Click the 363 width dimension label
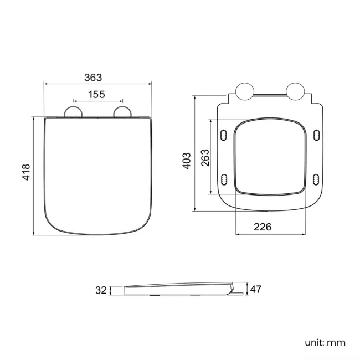(x=97, y=77)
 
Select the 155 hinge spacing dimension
(x=96, y=94)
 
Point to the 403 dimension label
(x=187, y=160)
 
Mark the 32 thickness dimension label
(x=101, y=289)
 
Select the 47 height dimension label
(x=256, y=289)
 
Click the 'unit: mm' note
(x=325, y=342)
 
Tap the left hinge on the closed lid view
(x=74, y=112)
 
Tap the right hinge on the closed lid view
(x=122, y=112)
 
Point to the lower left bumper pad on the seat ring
(x=224, y=178)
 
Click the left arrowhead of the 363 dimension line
(x=46, y=84)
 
